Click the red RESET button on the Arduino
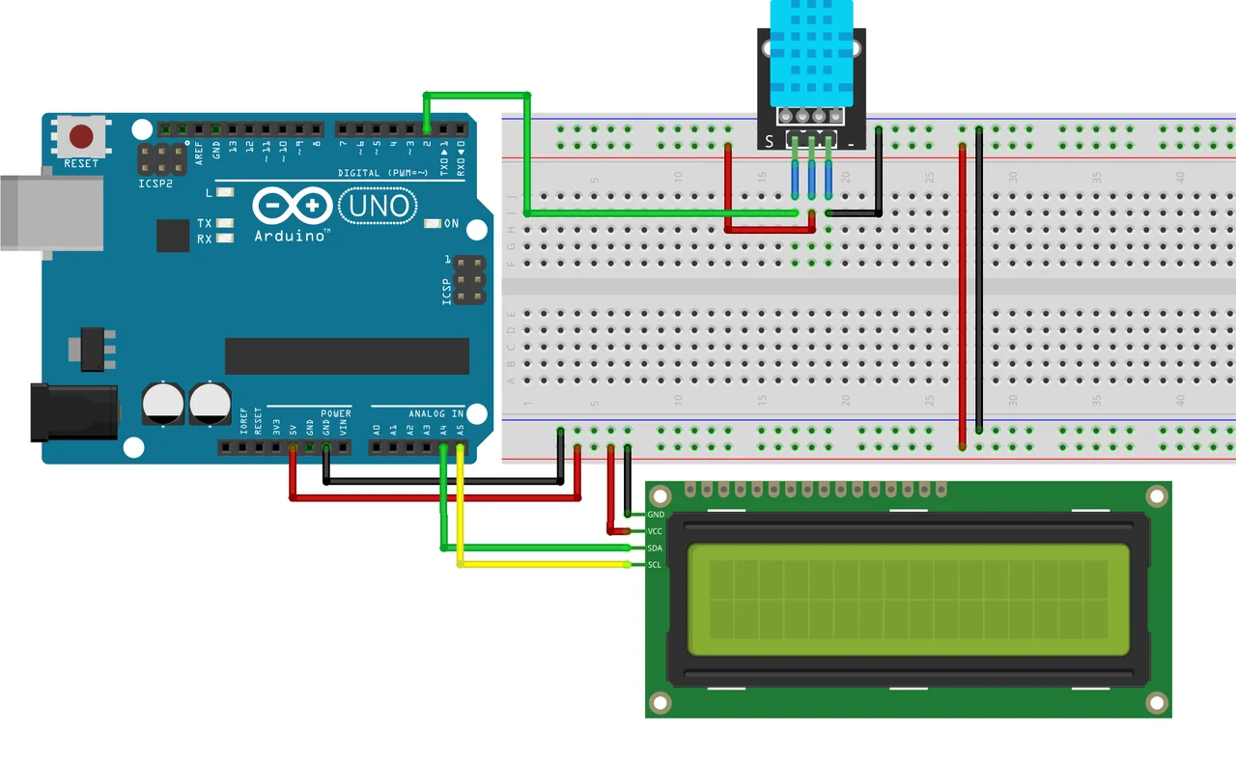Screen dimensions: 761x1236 click(x=81, y=135)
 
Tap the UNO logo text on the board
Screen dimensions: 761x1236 click(x=379, y=205)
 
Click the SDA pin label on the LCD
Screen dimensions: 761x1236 click(x=655, y=549)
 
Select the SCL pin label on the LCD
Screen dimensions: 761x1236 click(x=655, y=565)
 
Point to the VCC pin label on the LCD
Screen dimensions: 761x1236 click(x=655, y=532)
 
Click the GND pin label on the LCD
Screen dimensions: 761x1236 click(x=656, y=516)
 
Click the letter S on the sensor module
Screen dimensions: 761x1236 click(x=770, y=141)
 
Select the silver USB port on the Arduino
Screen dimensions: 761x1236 click(x=48, y=212)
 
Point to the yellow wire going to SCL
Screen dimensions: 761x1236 click(x=541, y=564)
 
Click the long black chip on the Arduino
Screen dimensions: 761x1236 click(x=347, y=356)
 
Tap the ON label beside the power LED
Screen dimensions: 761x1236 click(x=451, y=224)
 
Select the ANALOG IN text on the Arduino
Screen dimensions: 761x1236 click(x=436, y=413)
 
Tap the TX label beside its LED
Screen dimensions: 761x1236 click(x=205, y=223)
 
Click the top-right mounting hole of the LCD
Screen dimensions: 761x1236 click(x=1156, y=496)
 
